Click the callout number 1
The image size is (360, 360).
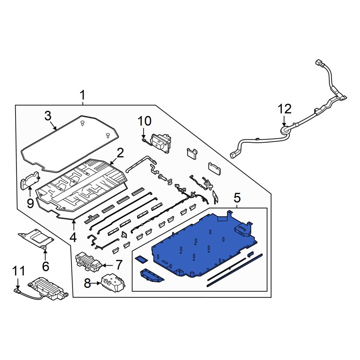pyautogui.click(x=82, y=95)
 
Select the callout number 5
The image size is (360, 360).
pyautogui.click(x=237, y=198)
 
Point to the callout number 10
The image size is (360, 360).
pyautogui.click(x=144, y=121)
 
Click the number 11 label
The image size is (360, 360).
pyautogui.click(x=18, y=271)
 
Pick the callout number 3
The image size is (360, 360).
pyautogui.click(x=48, y=116)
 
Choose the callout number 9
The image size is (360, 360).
pyautogui.click(x=30, y=203)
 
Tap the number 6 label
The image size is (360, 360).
pyautogui.click(x=45, y=266)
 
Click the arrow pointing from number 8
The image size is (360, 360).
pyautogui.click(x=96, y=283)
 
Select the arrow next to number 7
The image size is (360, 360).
pyautogui.click(x=107, y=265)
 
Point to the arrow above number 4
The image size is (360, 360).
pyautogui.click(x=73, y=225)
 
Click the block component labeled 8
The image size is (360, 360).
pyautogui.click(x=113, y=282)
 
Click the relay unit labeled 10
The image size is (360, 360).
pyautogui.click(x=161, y=143)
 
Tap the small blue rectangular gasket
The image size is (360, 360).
pyautogui.click(x=141, y=260)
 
